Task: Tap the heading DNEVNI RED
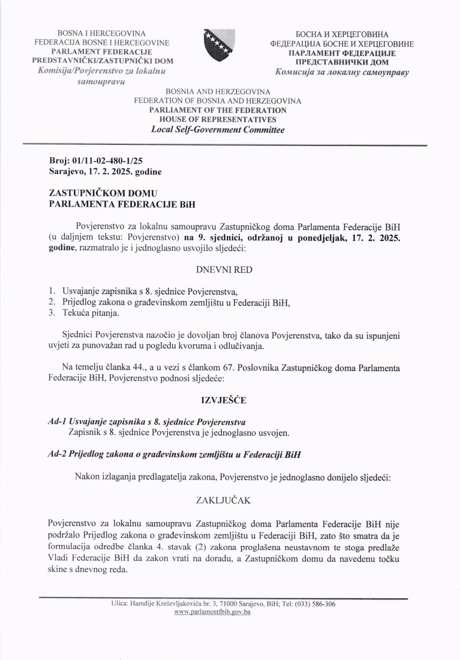pyautogui.click(x=224, y=270)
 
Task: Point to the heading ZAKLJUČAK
pyautogui.click(x=223, y=501)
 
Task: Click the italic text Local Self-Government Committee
pyautogui.click(x=218, y=130)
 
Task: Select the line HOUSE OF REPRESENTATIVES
pyautogui.click(x=218, y=120)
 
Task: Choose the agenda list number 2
pyautogui.click(x=51, y=302)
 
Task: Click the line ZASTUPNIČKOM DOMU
pyautogui.click(x=103, y=193)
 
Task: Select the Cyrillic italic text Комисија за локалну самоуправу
pyautogui.click(x=342, y=72)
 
